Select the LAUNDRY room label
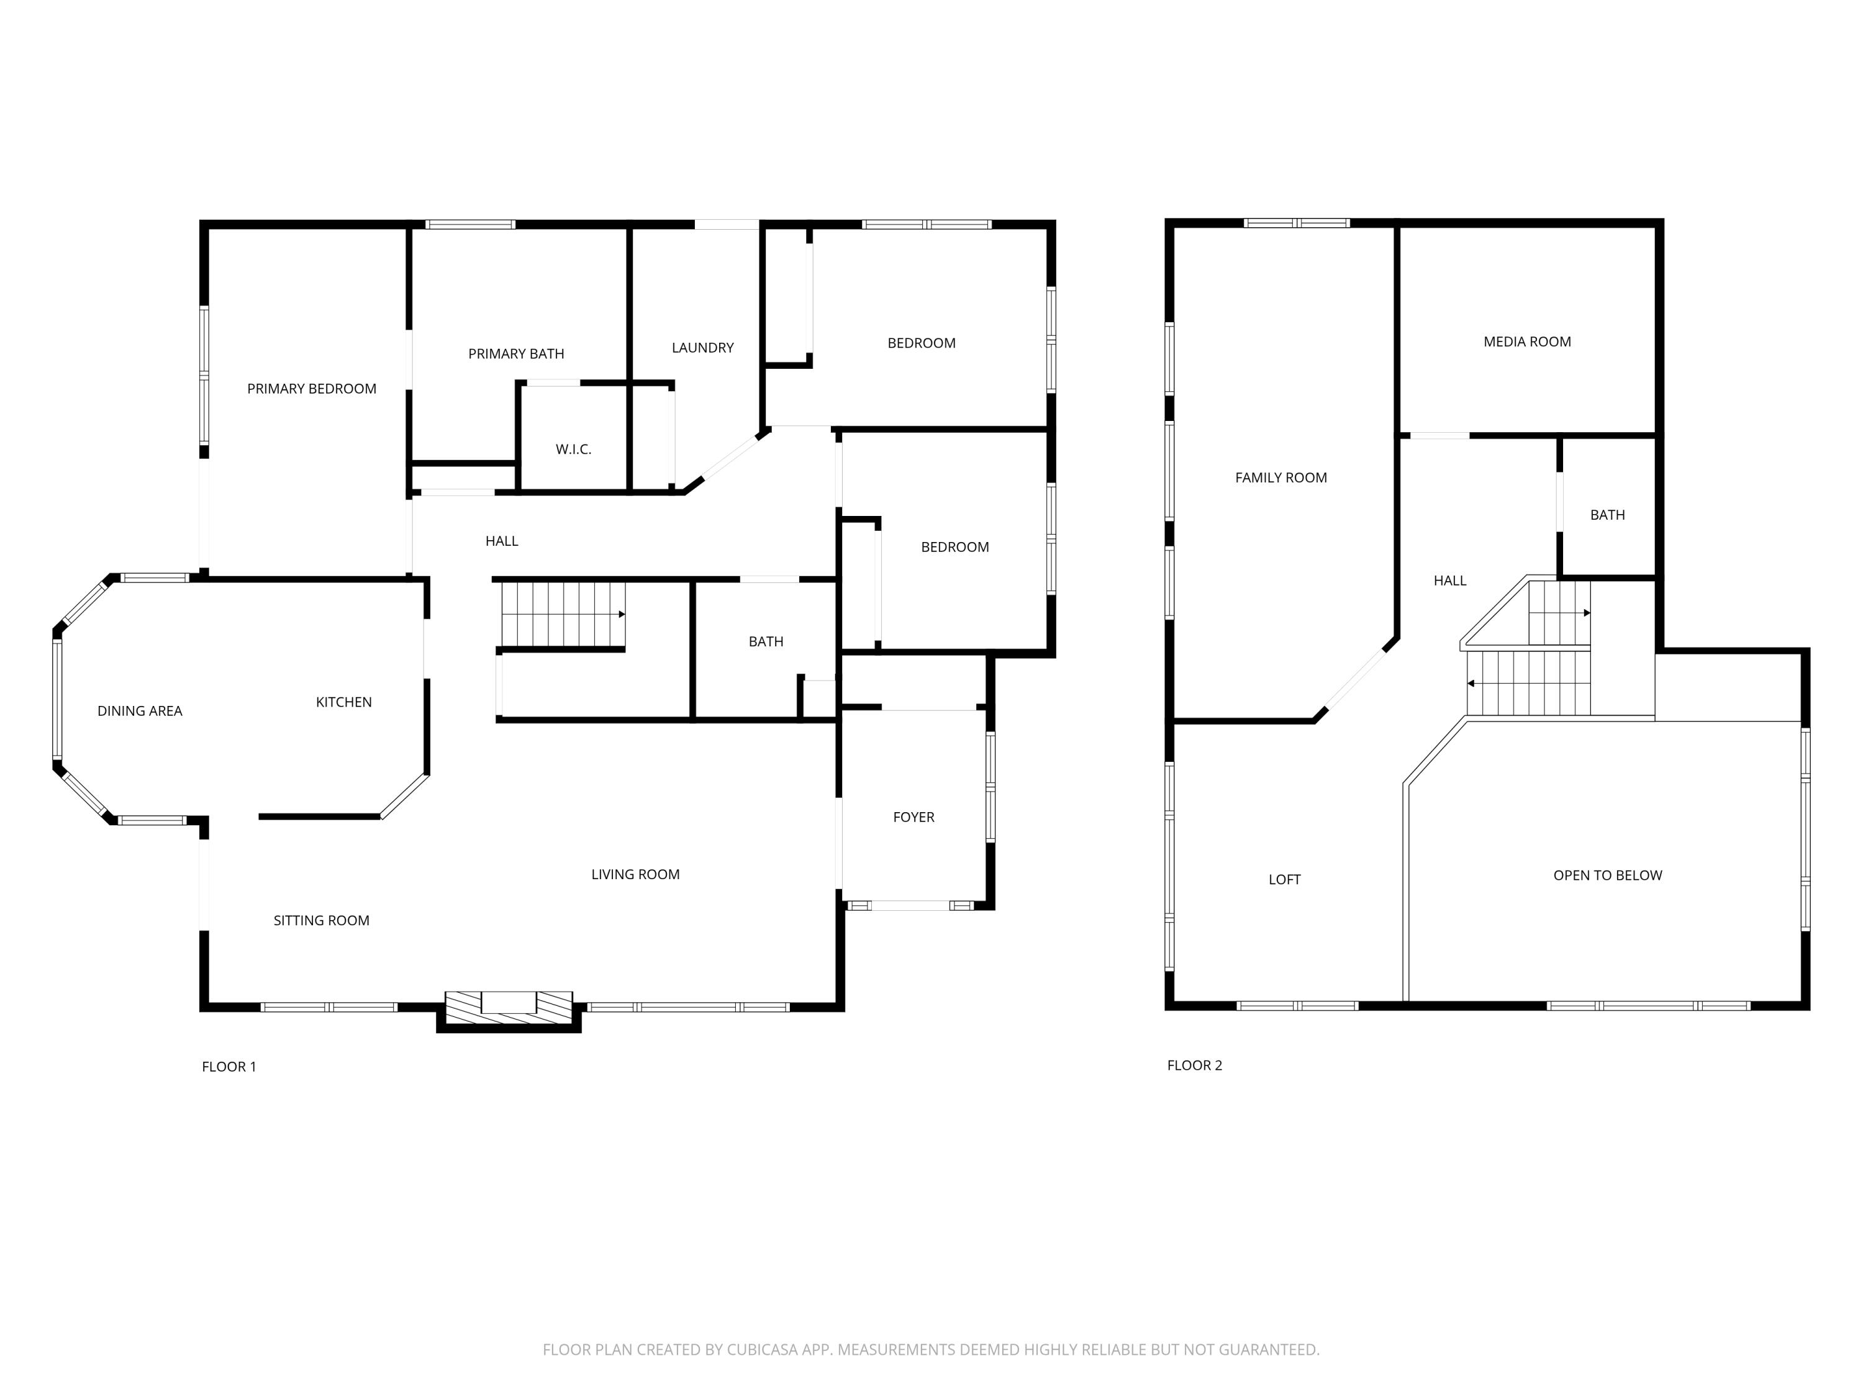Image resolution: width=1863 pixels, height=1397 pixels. point(702,347)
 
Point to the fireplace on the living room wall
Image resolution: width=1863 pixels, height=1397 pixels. point(508,1007)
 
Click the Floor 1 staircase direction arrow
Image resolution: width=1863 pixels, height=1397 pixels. point(621,615)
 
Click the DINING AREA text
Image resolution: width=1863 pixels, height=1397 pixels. point(140,711)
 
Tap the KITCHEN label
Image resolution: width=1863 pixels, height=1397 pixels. point(343,702)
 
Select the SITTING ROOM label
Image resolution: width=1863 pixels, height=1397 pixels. point(321,920)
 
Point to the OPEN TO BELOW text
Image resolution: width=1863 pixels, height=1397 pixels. point(1607,875)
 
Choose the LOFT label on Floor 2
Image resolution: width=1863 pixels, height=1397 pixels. point(1284,879)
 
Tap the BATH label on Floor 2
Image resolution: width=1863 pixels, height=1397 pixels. point(1607,515)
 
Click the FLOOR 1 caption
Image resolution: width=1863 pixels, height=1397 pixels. point(229,1066)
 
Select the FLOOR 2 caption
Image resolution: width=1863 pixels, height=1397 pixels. point(1194,1065)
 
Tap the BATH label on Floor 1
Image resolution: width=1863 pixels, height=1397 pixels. point(766,641)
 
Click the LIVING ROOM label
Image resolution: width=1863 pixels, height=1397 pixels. point(635,874)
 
